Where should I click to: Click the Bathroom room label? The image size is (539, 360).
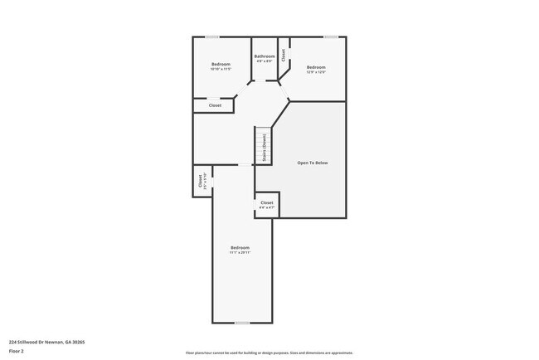click(265, 56)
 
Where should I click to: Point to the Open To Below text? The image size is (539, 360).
click(313, 163)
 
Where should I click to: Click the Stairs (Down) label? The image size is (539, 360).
click(264, 147)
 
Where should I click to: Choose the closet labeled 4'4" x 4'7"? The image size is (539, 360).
click(266, 204)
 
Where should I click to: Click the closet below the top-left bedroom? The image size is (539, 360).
click(214, 105)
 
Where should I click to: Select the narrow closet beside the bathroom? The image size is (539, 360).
click(284, 55)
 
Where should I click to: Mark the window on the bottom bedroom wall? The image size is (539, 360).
click(241, 323)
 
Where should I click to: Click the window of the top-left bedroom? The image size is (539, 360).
click(212, 36)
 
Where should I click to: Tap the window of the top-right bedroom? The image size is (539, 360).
click(331, 36)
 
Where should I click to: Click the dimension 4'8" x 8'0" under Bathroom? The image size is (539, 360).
click(265, 61)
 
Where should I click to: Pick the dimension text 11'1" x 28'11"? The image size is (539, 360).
click(239, 252)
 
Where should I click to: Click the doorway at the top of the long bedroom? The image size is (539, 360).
click(245, 165)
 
